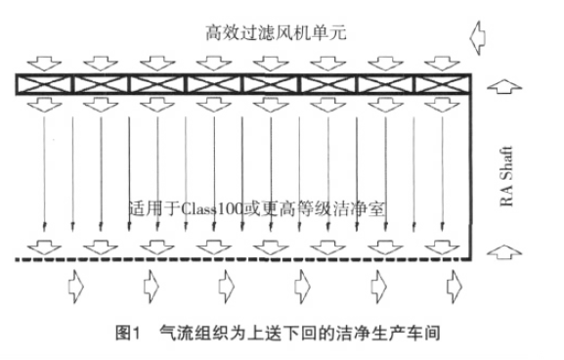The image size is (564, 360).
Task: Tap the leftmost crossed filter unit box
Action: coord(44,85)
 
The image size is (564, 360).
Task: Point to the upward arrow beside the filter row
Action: coord(498,87)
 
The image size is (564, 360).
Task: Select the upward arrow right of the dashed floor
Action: coord(499,256)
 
